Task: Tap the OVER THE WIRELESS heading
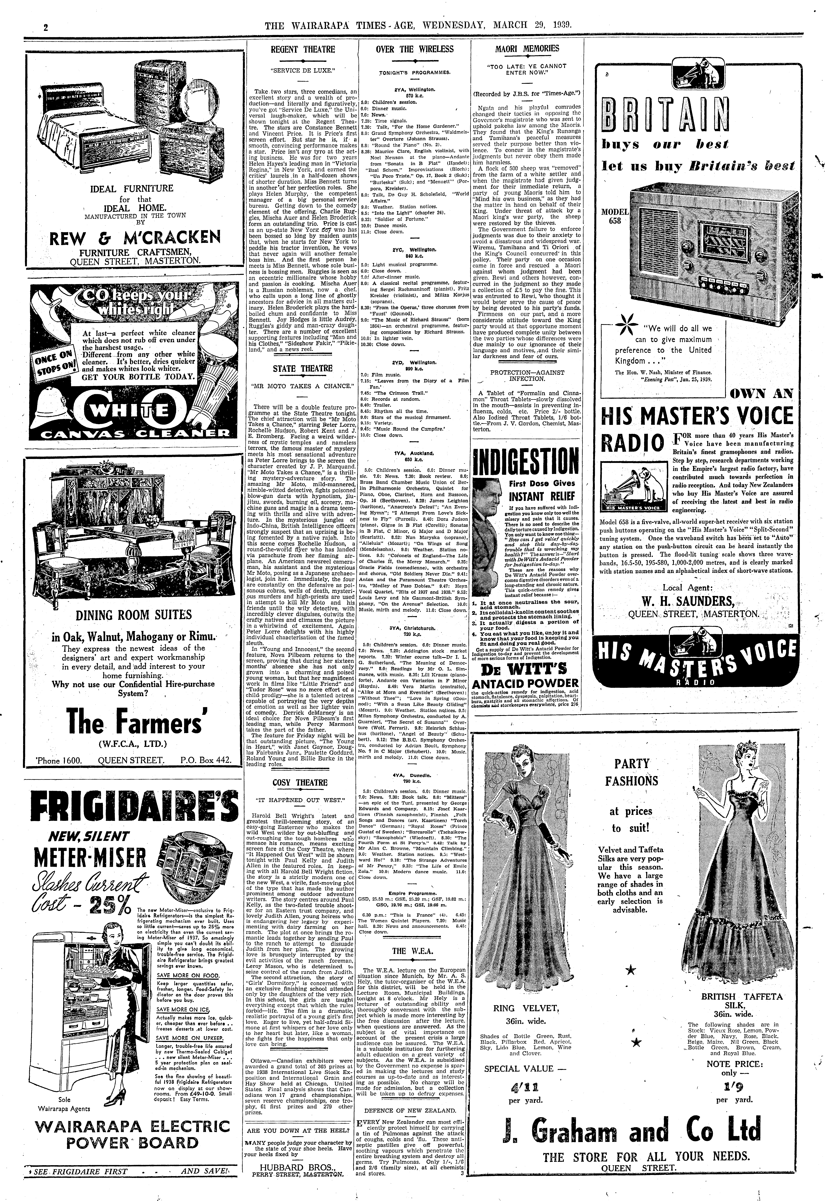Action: [x=415, y=50]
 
